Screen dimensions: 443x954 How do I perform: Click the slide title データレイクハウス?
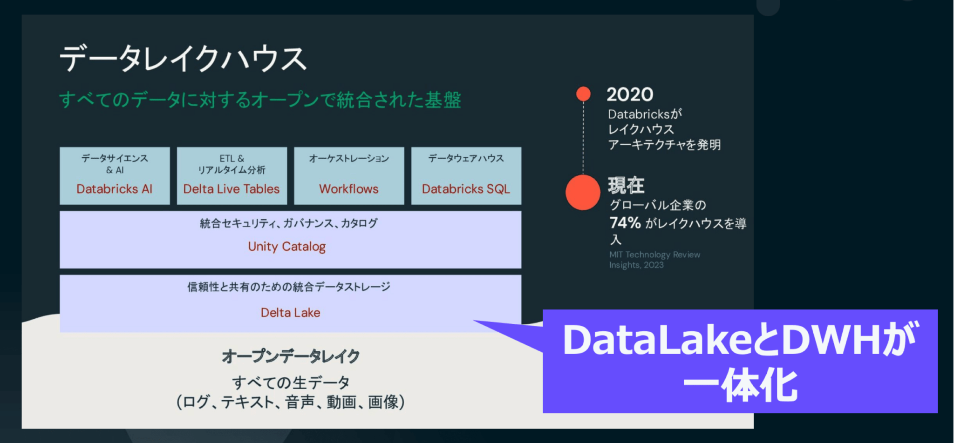click(183, 59)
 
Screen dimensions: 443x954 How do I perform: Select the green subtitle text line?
click(260, 100)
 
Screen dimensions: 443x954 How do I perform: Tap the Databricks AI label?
click(114, 189)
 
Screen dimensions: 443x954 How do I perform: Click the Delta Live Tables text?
click(232, 189)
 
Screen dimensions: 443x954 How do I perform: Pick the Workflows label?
click(349, 189)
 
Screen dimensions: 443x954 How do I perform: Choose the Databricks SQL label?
click(466, 189)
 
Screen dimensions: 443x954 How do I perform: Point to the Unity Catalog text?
click(287, 247)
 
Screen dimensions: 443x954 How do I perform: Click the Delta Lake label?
click(290, 313)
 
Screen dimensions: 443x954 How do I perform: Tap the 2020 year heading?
click(630, 94)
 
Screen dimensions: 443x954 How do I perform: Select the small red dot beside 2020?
click(583, 94)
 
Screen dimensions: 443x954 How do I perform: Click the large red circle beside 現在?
click(583, 193)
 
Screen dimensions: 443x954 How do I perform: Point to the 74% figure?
click(625, 223)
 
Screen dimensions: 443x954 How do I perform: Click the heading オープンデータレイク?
click(291, 356)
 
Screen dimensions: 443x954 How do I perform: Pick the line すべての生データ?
click(291, 383)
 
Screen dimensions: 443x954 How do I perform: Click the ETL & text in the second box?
click(232, 159)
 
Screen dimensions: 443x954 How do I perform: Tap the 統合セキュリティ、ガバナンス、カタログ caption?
click(289, 223)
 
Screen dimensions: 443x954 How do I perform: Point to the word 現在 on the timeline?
click(626, 186)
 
